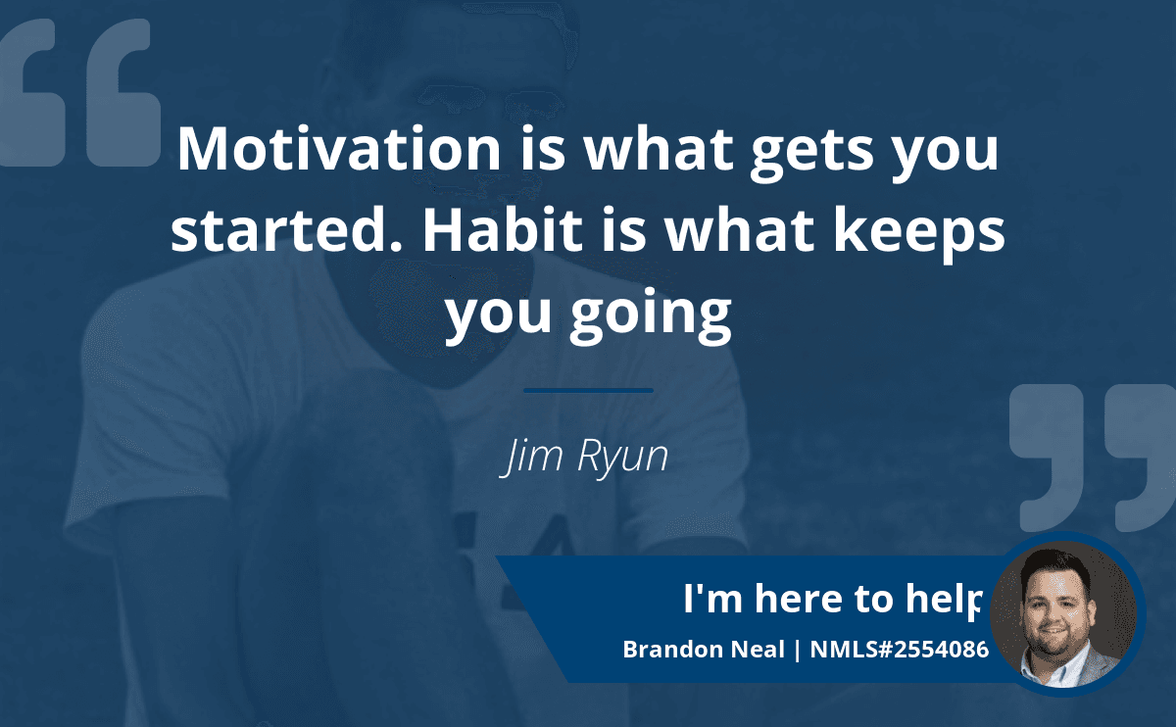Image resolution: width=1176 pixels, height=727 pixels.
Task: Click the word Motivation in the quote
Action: [x=339, y=149]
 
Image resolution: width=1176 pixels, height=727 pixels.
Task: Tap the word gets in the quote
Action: [x=812, y=154]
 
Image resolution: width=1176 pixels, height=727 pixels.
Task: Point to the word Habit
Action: [x=503, y=230]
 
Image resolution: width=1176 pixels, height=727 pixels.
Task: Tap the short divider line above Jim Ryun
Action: [x=589, y=391]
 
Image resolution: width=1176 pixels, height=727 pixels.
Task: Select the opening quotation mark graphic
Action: [x=79, y=92]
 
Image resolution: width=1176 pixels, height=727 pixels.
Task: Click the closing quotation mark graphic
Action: [x=1093, y=458]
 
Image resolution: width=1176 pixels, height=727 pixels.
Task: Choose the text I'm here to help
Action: [x=832, y=600]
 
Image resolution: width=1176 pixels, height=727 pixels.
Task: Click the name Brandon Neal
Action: [x=704, y=650]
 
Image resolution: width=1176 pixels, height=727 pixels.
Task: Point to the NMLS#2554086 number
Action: [x=900, y=650]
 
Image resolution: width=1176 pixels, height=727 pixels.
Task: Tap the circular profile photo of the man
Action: [x=1064, y=614]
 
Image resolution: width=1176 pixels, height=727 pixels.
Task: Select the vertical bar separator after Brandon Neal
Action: [x=798, y=651]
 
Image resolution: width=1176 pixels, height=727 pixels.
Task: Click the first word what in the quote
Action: [x=659, y=149]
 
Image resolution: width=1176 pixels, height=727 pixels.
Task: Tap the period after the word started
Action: [x=396, y=246]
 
